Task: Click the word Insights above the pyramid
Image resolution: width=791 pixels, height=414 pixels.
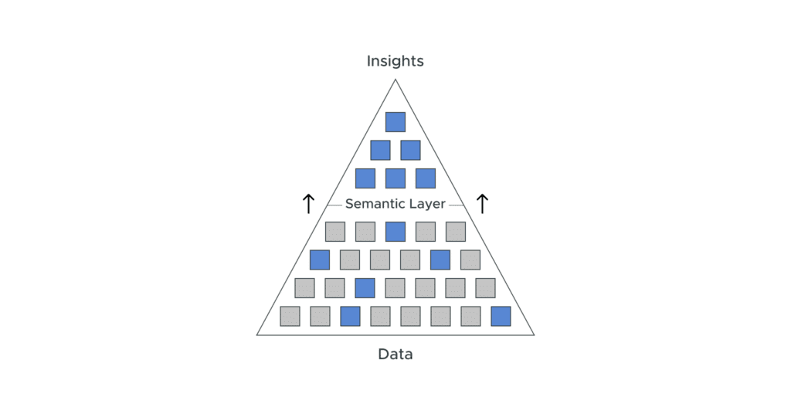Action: [x=395, y=61]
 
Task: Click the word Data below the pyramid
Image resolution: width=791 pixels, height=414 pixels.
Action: [x=395, y=355]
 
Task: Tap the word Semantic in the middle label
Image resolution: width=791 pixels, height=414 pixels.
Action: [x=375, y=204]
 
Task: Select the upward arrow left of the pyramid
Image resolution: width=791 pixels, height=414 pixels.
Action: [x=308, y=204]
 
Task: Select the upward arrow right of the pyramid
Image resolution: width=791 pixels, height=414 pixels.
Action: [x=482, y=204]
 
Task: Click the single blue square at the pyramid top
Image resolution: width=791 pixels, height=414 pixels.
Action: [x=395, y=122]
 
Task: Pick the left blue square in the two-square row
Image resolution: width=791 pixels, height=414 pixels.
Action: [x=380, y=150]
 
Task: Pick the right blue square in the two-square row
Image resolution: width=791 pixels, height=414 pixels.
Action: [x=410, y=150]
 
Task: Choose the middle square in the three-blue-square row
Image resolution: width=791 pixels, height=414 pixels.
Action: [x=395, y=178]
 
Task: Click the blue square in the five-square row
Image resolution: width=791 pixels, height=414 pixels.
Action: [x=395, y=232]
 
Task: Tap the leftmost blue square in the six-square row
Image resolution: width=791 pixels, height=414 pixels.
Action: [x=320, y=260]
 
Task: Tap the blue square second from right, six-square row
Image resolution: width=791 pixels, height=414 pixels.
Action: [x=440, y=260]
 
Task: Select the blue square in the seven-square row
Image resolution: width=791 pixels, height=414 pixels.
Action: [x=365, y=288]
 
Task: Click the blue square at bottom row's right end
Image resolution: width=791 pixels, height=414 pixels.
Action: [x=501, y=316]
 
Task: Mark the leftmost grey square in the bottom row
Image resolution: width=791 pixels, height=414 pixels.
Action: [x=290, y=316]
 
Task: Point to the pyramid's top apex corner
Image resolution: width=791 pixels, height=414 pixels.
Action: [x=395, y=79]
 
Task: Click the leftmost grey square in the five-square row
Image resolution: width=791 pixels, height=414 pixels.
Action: [x=334, y=232]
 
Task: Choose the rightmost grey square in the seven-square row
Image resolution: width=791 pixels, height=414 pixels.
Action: [x=485, y=288]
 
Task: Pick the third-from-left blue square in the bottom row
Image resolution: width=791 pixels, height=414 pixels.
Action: [x=350, y=316]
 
